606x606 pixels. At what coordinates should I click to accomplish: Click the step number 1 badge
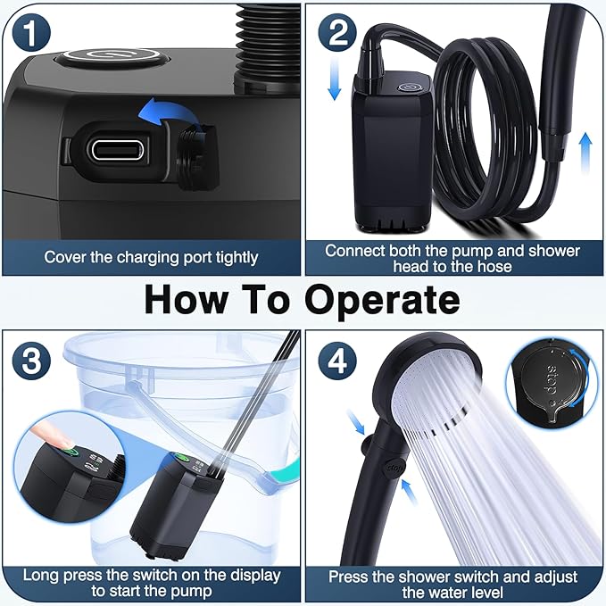pyautogui.click(x=31, y=32)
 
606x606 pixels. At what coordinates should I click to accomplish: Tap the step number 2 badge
pyautogui.click(x=337, y=32)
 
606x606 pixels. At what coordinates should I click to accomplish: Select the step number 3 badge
pyautogui.click(x=31, y=361)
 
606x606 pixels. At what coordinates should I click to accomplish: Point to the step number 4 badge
pyautogui.click(x=337, y=361)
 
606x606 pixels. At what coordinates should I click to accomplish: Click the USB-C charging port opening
pyautogui.click(x=116, y=149)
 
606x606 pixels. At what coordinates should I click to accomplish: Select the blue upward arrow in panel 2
pyautogui.click(x=585, y=152)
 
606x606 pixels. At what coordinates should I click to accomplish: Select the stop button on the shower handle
pyautogui.click(x=394, y=468)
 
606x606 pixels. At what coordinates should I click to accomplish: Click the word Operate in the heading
pyautogui.click(x=383, y=301)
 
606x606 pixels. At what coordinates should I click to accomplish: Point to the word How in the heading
pyautogui.click(x=186, y=300)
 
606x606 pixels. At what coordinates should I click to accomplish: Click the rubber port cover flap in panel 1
pyautogui.click(x=196, y=156)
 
